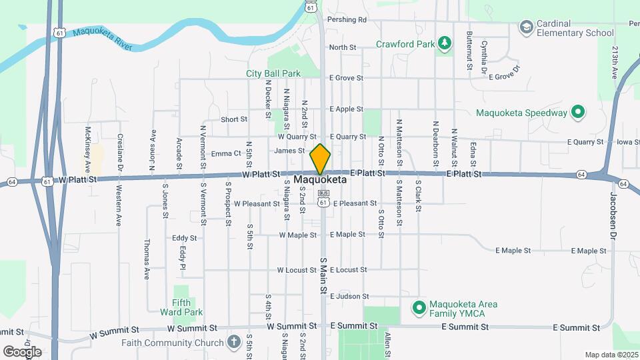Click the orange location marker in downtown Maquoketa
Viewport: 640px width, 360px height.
pyautogui.click(x=320, y=159)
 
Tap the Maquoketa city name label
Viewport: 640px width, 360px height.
pyautogui.click(x=320, y=180)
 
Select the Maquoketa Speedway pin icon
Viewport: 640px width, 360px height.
pyautogui.click(x=578, y=113)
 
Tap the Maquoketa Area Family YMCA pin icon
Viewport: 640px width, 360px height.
pyautogui.click(x=419, y=307)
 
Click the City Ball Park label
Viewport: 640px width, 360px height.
pyautogui.click(x=273, y=73)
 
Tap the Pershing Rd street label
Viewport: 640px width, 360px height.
pyautogui.click(x=347, y=20)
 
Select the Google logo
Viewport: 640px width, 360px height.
pyautogui.click(x=22, y=351)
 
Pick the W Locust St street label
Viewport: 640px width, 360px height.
pyautogui.click(x=297, y=270)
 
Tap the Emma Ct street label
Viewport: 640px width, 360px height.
pyautogui.click(x=225, y=153)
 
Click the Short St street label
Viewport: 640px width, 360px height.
pyautogui.click(x=234, y=119)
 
